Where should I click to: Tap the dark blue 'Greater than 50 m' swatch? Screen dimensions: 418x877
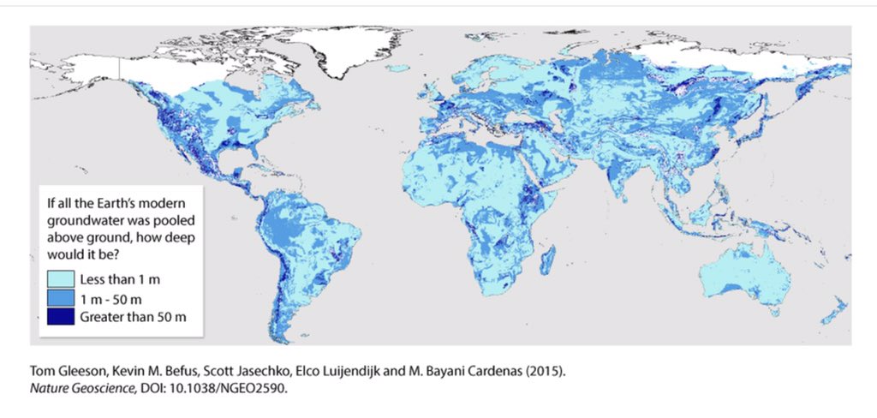[x=60, y=318]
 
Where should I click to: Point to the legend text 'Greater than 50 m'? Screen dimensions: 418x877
[x=133, y=318]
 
